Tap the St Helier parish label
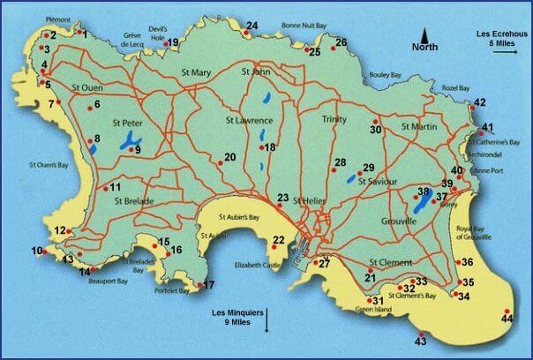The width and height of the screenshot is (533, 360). (309, 201)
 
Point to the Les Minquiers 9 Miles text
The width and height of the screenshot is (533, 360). (239, 317)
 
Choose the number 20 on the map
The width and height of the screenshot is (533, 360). (229, 157)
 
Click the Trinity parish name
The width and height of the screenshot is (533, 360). (334, 118)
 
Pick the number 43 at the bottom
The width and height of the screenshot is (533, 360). (420, 341)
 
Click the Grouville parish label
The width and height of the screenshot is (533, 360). (398, 221)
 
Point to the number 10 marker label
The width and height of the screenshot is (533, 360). (37, 251)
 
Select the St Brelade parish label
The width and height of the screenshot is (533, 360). (134, 201)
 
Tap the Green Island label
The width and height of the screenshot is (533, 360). (372, 310)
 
